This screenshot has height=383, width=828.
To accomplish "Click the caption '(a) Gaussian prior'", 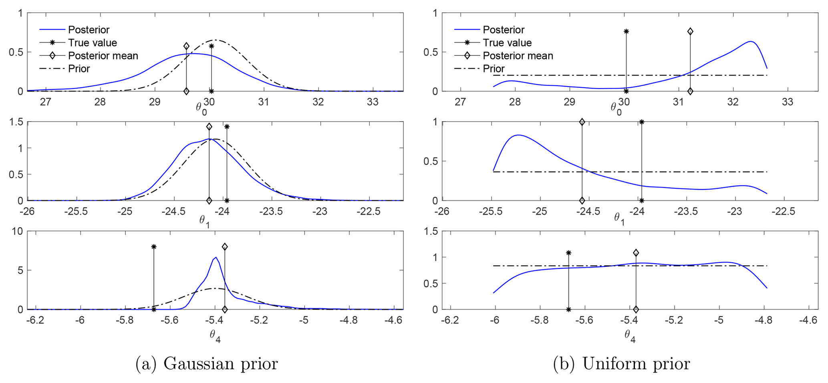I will click(207, 364).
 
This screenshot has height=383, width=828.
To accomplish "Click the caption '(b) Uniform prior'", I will click(621, 364).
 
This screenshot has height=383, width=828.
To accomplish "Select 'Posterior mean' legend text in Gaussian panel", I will click(103, 56).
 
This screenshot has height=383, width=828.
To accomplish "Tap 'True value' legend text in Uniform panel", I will click(507, 43).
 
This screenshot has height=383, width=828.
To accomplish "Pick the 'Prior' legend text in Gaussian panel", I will click(79, 69).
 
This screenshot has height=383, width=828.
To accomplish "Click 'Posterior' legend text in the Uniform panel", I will click(504, 30).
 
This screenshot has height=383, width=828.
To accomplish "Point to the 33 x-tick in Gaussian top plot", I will click(373, 102).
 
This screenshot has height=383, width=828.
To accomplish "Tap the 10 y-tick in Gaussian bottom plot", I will click(18, 231).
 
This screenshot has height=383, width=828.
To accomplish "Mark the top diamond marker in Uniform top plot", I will click(690, 31).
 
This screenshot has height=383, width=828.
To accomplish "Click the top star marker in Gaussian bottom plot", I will click(154, 247).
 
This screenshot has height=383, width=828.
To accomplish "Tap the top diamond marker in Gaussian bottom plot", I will click(225, 247).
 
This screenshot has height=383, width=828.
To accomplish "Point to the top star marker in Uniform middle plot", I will click(642, 122).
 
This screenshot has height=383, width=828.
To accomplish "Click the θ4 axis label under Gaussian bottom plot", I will click(215, 336).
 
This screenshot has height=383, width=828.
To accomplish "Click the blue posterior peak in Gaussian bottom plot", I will click(216, 258).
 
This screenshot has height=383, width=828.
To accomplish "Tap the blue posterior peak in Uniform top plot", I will click(750, 42).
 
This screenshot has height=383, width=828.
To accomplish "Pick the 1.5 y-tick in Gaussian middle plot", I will click(16, 122).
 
